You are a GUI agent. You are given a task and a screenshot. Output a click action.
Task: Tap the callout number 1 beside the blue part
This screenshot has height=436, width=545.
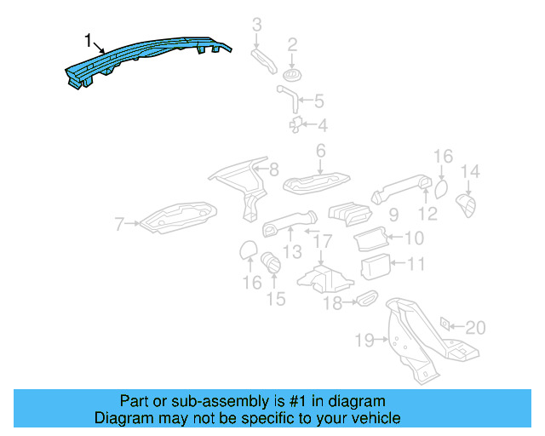point(88,39)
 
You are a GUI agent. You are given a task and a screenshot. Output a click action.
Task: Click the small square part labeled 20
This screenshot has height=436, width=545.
point(445,324)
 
